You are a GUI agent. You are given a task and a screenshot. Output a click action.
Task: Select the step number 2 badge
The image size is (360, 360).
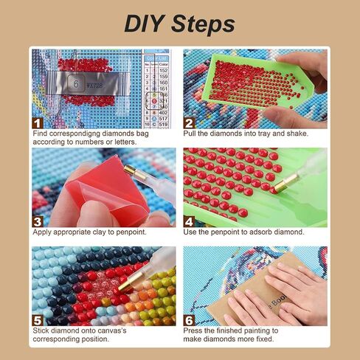pos(190,122)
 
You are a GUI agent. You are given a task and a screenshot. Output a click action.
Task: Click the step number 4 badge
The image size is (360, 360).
pos(190,221)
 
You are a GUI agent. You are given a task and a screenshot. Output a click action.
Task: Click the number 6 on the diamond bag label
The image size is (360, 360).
pos(75,84)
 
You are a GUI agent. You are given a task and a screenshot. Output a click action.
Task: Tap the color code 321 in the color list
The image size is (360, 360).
pos(165,100)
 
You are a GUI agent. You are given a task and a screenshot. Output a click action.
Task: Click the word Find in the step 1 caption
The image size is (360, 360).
pos(42,134)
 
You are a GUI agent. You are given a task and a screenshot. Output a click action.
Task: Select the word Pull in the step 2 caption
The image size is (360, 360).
pos(192,134)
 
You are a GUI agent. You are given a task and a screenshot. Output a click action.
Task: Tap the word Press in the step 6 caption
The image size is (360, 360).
pos(195,330)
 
